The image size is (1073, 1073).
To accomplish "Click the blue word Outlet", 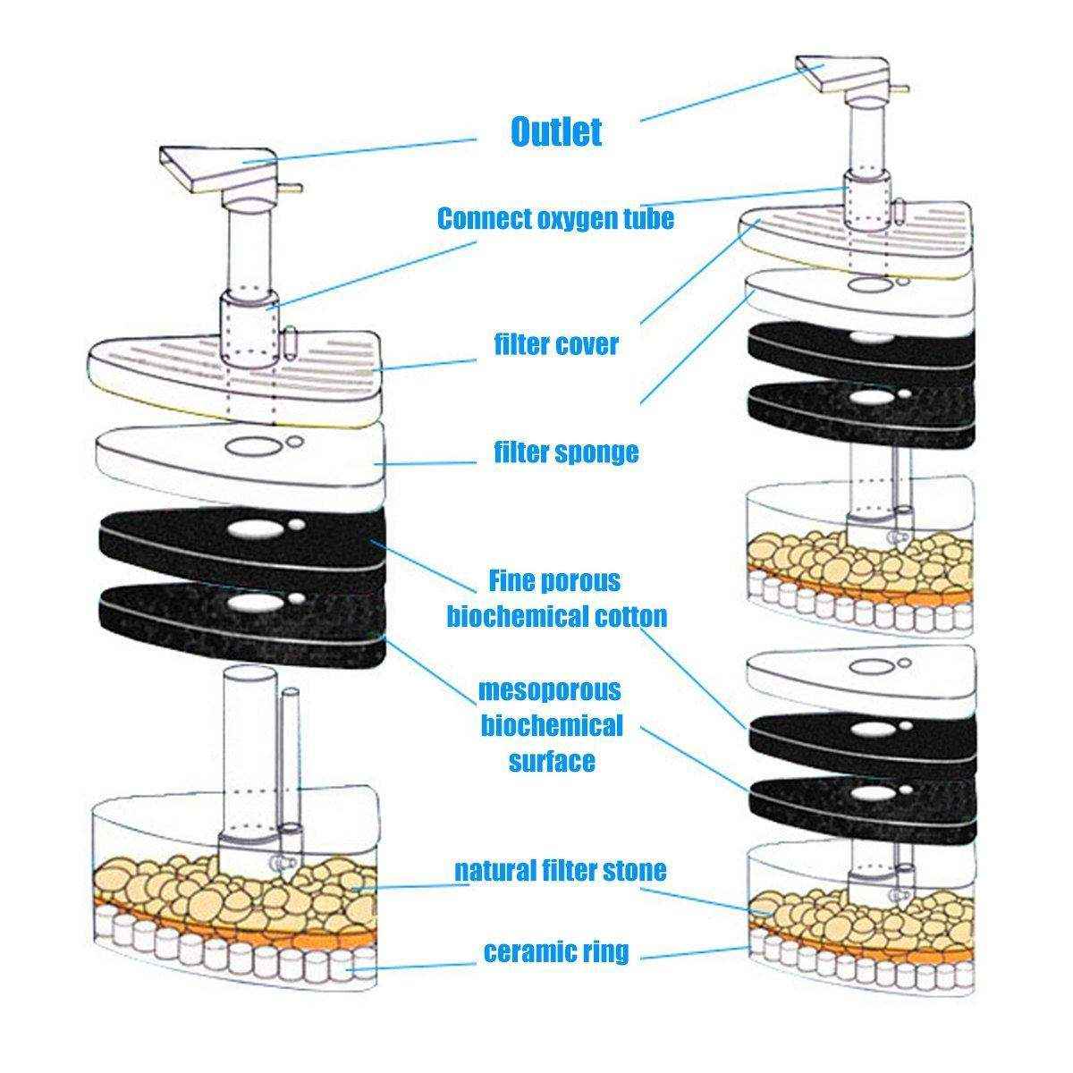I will (x=555, y=132).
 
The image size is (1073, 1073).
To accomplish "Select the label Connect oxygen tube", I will (x=555, y=218).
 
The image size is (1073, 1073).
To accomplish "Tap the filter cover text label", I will (x=555, y=344).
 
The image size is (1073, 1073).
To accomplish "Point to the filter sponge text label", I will (x=566, y=452).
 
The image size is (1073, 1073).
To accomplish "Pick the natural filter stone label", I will (x=560, y=870).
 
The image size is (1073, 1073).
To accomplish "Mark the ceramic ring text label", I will (x=555, y=952).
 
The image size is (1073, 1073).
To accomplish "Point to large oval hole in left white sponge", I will (x=246, y=444).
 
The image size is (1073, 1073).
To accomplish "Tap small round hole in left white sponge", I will (x=293, y=440).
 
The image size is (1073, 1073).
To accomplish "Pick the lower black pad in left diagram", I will (x=170, y=617).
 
